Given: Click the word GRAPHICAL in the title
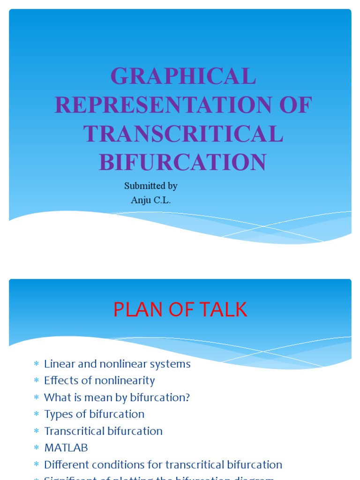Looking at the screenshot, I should click(x=183, y=76).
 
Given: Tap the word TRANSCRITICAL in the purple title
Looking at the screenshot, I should click(x=183, y=134).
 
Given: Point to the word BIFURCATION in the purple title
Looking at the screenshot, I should click(x=182, y=162).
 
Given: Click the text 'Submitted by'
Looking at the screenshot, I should click(x=150, y=186).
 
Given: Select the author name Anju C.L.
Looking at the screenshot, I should click(x=150, y=200).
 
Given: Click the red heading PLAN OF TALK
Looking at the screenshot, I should click(x=180, y=310).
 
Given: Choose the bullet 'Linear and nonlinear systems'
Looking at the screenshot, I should click(x=117, y=364).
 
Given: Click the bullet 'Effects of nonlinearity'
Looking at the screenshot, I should click(x=99, y=381).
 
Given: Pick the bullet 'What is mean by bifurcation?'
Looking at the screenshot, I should click(x=117, y=397).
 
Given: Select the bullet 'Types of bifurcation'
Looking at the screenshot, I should click(x=94, y=414).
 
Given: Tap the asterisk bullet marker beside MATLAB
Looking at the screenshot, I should click(x=36, y=448).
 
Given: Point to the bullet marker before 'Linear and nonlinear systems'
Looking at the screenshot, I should click(x=36, y=364).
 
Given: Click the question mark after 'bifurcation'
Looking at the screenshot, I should click(x=187, y=397).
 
